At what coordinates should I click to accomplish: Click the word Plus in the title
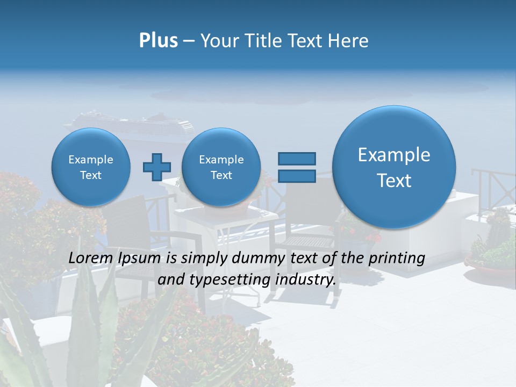click(158, 40)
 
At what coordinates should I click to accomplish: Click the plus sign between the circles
click(156, 167)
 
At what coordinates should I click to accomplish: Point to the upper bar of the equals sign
click(296, 159)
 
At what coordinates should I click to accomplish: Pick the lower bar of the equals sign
click(296, 176)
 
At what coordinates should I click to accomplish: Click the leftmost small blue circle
click(90, 167)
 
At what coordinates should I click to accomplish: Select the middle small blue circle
click(221, 167)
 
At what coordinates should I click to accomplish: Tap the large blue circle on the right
click(394, 167)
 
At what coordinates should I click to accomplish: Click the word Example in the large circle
click(394, 155)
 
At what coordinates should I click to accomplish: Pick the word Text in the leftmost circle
click(90, 175)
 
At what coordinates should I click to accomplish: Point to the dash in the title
click(189, 41)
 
